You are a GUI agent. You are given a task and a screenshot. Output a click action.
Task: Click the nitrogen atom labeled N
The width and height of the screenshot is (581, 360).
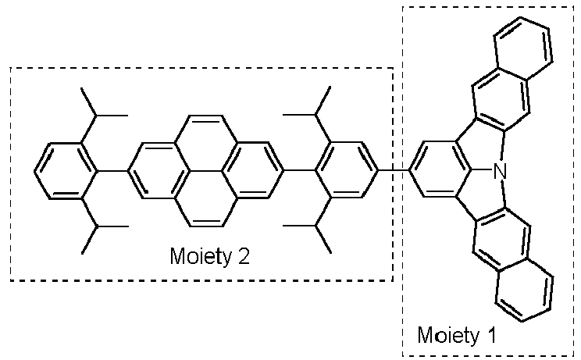click(x=501, y=171)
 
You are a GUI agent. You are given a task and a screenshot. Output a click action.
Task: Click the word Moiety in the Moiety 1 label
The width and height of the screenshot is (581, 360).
click(x=448, y=335)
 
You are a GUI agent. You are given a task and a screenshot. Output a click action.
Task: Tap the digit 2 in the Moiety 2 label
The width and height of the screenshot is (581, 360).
click(x=244, y=256)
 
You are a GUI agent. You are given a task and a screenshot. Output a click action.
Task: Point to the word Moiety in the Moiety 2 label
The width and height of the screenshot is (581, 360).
click(x=201, y=256)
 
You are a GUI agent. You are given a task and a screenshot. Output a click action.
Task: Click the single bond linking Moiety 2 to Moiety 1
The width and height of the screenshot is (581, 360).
click(x=394, y=171)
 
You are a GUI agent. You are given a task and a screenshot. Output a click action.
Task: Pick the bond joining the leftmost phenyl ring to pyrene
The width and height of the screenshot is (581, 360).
click(x=112, y=171)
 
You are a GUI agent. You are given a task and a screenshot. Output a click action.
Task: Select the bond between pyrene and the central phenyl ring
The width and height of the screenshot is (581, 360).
click(x=299, y=171)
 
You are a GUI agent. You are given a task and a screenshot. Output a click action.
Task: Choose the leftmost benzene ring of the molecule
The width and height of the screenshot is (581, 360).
click(x=66, y=171)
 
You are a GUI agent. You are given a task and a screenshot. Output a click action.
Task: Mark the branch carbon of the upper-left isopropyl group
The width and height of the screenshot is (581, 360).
click(x=97, y=116)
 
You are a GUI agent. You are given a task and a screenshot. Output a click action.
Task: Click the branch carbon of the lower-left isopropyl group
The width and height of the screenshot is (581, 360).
click(x=97, y=226)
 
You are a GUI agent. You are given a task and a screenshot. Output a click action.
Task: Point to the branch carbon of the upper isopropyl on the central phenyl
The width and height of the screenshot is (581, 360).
click(x=315, y=116)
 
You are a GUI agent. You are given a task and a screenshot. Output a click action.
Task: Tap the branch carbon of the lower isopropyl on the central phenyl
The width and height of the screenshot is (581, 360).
click(x=315, y=225)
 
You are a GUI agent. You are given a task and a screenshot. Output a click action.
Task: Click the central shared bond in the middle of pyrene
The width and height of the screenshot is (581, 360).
click(x=206, y=171)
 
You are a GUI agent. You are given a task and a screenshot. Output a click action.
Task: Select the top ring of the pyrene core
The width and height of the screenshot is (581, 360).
click(x=206, y=143)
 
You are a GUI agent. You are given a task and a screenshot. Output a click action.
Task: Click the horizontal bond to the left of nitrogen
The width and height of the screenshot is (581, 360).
click(x=483, y=171)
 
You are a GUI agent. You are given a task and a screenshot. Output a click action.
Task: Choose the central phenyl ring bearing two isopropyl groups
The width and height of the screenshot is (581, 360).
click(x=347, y=171)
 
